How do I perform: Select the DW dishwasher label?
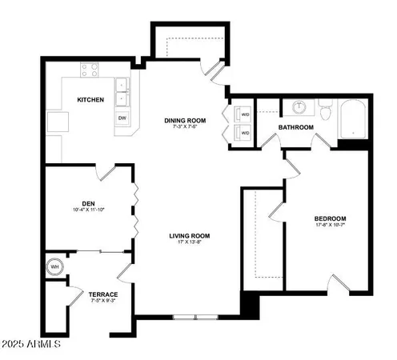point(122,118)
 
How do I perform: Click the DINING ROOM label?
point(185,121)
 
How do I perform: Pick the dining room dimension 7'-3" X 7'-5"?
point(185,129)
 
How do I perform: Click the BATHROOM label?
point(295,127)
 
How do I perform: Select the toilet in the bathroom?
point(326,110)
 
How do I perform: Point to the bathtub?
point(353,118)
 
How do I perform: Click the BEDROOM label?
point(330,218)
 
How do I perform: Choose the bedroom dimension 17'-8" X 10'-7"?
point(330,226)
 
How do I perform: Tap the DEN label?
point(89,202)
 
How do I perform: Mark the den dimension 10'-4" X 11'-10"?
point(89,210)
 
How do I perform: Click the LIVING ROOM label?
point(189,235)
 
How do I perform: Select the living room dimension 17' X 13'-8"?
point(189,243)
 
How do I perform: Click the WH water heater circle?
point(55,267)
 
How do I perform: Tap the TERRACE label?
point(103,294)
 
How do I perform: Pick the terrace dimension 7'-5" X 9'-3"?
point(103,302)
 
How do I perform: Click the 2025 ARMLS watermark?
point(32,344)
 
